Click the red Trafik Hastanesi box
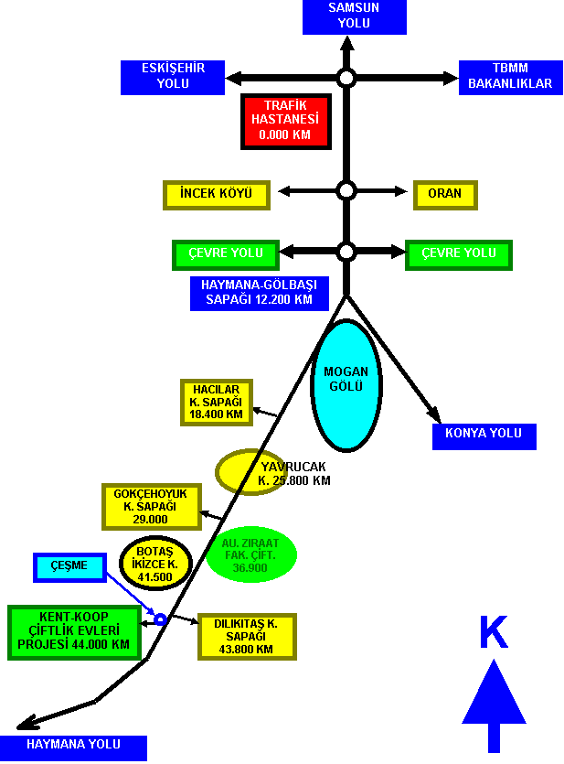point(286,122)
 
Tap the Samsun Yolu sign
point(355,16)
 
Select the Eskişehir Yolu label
point(173,77)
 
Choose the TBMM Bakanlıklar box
point(510,77)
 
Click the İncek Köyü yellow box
point(217,195)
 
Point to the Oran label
point(445,195)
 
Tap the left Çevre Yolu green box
point(226,255)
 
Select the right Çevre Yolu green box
point(459,255)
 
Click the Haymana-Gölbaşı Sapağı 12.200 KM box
point(260,294)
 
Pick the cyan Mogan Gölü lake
point(346,385)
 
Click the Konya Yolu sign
point(484,436)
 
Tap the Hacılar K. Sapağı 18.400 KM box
point(217,403)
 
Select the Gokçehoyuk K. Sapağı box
point(152,507)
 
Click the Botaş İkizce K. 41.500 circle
point(155,564)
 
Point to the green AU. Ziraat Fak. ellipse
point(251,555)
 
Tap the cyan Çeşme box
point(69,567)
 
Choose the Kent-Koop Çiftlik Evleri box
point(74,632)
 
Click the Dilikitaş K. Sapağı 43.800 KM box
point(247,637)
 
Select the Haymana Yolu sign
point(73,748)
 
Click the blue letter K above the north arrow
point(494,631)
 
